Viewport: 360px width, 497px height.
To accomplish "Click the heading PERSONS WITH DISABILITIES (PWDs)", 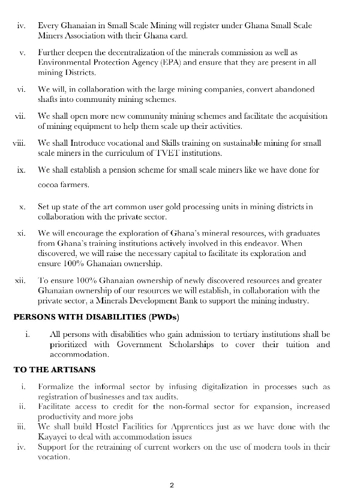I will click(x=95, y=317).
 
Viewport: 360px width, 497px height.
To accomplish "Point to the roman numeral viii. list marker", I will click(x=20, y=143).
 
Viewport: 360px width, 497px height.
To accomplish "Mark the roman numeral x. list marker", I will click(x=22, y=207).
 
